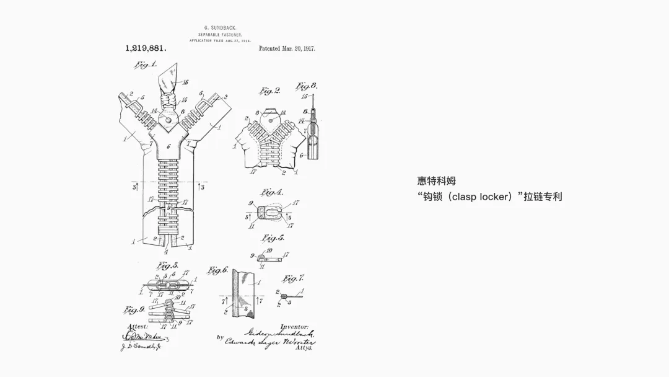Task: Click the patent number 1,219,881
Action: click(x=146, y=48)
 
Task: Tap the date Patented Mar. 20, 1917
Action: click(x=287, y=48)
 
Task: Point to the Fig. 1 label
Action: click(x=146, y=64)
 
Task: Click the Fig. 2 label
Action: click(x=269, y=91)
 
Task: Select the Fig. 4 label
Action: click(x=273, y=192)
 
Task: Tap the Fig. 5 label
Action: click(x=273, y=238)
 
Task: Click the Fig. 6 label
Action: click(x=218, y=270)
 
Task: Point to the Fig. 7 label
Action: click(x=294, y=278)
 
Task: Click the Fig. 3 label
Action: click(x=149, y=265)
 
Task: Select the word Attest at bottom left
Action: click(x=138, y=326)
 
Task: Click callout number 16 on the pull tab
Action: click(x=185, y=82)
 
